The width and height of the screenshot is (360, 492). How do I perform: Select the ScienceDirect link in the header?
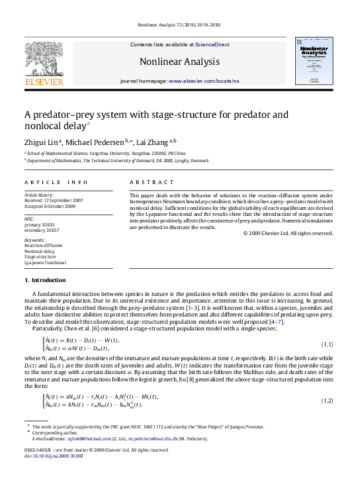point(212,44)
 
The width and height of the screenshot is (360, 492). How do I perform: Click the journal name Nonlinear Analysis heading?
point(179,62)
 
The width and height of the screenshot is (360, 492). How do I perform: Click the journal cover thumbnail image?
point(314,62)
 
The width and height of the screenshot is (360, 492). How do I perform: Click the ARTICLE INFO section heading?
point(56,182)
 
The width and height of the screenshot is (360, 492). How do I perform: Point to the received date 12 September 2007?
point(64,200)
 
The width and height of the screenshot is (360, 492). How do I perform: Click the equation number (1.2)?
point(326,401)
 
